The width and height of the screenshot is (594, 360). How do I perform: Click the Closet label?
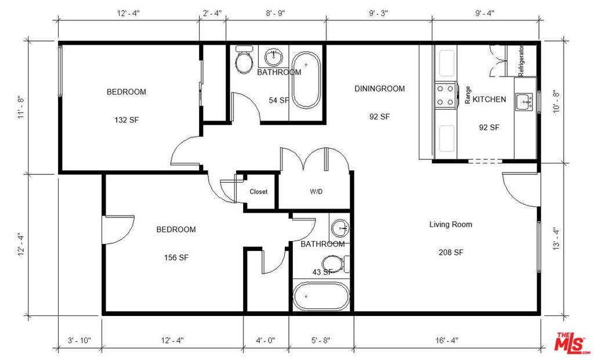tap(258, 191)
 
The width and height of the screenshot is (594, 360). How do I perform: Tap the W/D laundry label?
tap(316, 191)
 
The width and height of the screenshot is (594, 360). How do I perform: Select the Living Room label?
tap(451, 224)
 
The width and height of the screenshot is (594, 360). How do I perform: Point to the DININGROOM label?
tap(379, 89)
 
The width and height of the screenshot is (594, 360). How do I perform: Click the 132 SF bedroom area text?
tap(126, 120)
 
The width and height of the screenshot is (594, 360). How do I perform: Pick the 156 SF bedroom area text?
tap(176, 257)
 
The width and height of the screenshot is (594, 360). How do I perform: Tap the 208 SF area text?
tap(451, 253)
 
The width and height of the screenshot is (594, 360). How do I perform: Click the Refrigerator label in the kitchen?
tap(521, 60)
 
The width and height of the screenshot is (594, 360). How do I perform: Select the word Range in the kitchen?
tap(468, 95)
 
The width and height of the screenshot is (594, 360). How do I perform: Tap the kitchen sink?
tap(524, 101)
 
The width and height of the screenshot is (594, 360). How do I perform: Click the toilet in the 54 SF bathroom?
tap(244, 59)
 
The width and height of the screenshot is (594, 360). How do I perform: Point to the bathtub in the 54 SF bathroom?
tap(306, 80)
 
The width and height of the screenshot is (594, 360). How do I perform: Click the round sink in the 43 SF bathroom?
tap(340, 228)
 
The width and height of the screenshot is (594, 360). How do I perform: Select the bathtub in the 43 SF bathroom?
tap(321, 296)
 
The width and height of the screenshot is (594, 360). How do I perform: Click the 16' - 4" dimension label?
tap(447, 340)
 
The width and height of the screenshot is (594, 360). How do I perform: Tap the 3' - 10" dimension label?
tap(79, 340)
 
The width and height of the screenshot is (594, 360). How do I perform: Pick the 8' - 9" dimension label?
tap(276, 13)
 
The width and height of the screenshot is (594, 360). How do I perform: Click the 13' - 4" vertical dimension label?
tap(556, 238)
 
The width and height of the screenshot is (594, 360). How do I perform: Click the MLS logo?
tap(570, 343)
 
